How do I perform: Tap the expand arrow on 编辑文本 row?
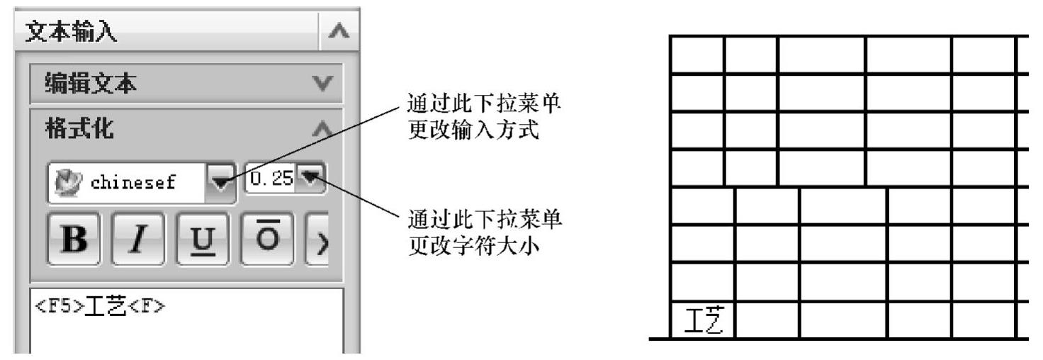tap(323, 84)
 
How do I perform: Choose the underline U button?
tap(198, 241)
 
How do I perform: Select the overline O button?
tap(264, 241)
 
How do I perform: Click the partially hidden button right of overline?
tap(317, 241)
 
